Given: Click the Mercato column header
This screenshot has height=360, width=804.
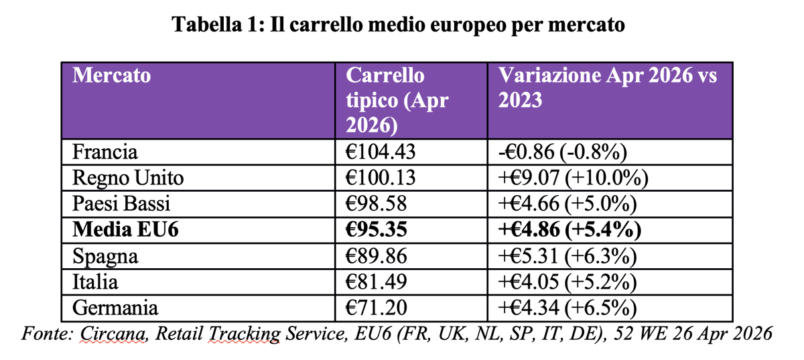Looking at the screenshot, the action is click(x=111, y=76).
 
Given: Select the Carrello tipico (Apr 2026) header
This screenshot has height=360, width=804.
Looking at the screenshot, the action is click(x=397, y=101).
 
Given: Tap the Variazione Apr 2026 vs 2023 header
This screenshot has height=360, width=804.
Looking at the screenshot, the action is click(x=607, y=88).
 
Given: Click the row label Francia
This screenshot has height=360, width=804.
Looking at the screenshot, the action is click(x=105, y=152).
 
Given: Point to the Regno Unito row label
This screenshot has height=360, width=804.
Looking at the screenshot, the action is click(x=128, y=178).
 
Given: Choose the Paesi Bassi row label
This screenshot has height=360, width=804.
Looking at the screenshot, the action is click(x=121, y=204).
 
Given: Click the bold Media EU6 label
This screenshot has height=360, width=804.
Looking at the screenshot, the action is click(x=125, y=229).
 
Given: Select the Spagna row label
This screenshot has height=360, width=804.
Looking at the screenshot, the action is click(x=105, y=257).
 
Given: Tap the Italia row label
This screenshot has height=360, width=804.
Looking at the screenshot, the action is click(x=95, y=282).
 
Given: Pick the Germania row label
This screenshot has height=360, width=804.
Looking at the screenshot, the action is click(x=115, y=308).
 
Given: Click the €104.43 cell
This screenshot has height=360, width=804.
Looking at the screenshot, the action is click(x=381, y=152).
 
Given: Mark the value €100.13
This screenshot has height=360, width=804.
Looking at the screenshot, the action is click(x=381, y=178).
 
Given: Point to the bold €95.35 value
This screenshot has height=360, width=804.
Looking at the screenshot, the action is click(x=376, y=229).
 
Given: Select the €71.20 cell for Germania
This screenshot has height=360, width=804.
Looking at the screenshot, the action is click(x=376, y=308).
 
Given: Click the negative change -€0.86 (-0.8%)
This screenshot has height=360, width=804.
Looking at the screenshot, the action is click(x=562, y=152).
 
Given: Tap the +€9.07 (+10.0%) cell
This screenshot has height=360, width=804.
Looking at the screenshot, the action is click(x=574, y=178).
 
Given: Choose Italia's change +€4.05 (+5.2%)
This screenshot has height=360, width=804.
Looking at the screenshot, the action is click(x=567, y=282).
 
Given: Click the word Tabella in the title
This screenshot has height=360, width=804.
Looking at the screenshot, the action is click(x=207, y=24).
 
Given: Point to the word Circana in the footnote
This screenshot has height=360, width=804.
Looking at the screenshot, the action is click(x=113, y=333).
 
